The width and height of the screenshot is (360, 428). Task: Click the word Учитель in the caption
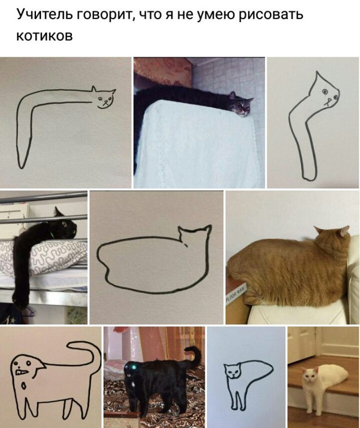pyautogui.click(x=40, y=14)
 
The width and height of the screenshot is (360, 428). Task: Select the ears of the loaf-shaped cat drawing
pyautogui.click(x=195, y=230)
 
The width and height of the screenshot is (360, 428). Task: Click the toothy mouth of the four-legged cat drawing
pyautogui.click(x=23, y=371)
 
